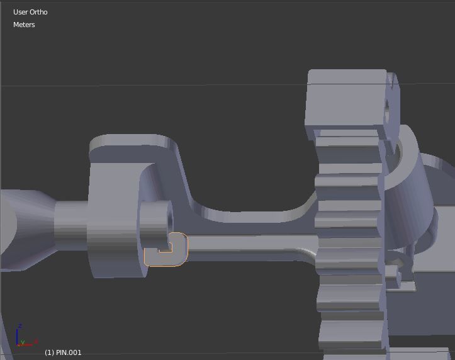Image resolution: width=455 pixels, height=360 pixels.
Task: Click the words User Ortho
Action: click(x=30, y=12)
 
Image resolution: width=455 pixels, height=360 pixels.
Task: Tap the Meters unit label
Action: click(x=24, y=25)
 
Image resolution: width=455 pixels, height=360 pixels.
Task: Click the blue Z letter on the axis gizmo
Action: click(x=20, y=326)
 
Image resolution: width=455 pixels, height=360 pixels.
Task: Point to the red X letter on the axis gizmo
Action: click(x=36, y=341)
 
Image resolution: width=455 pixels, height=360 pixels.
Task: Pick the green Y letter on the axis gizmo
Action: click(x=23, y=343)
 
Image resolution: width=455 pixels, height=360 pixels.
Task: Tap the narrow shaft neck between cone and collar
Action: click(x=70, y=227)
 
